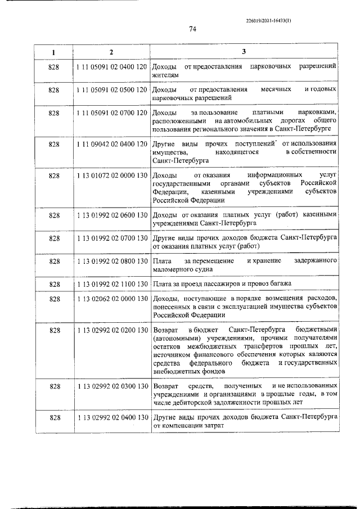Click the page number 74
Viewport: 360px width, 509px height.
(x=191, y=29)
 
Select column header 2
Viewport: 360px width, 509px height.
(x=111, y=52)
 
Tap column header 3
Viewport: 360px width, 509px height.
(x=244, y=52)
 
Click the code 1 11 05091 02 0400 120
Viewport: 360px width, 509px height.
(x=111, y=67)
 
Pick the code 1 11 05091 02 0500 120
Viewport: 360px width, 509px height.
(x=111, y=90)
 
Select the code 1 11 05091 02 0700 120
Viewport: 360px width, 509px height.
(x=111, y=113)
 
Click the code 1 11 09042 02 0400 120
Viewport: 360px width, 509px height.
(x=111, y=145)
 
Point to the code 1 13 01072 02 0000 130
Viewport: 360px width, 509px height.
(x=111, y=176)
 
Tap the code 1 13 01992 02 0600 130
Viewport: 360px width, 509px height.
(x=111, y=215)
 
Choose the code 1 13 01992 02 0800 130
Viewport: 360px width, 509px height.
(x=111, y=262)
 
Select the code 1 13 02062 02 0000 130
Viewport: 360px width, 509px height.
(x=111, y=299)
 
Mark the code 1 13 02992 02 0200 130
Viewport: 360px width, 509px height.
(x=111, y=328)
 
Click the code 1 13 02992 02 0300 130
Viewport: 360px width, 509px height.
(x=111, y=386)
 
